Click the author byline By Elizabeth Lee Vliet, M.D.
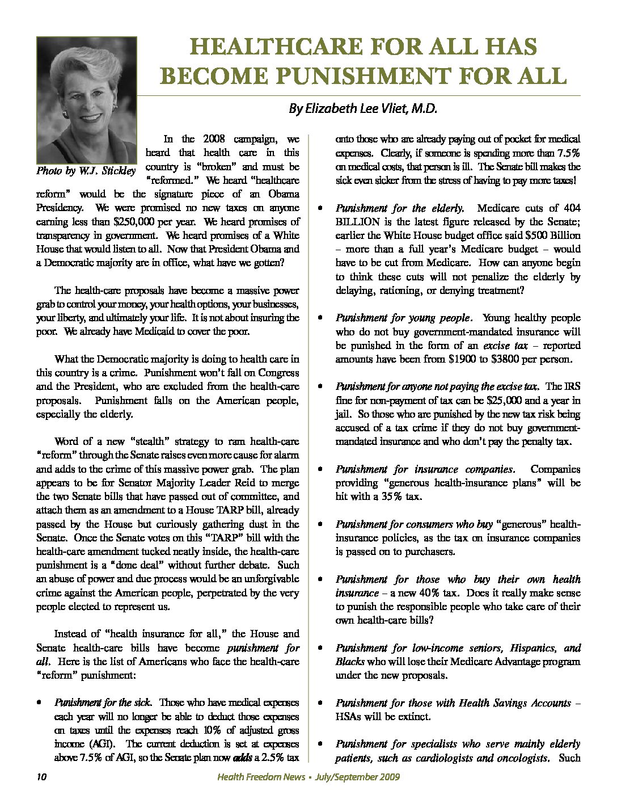(364, 108)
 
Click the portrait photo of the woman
(86, 100)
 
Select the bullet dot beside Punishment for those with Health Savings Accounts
(322, 703)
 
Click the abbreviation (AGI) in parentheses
(102, 744)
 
